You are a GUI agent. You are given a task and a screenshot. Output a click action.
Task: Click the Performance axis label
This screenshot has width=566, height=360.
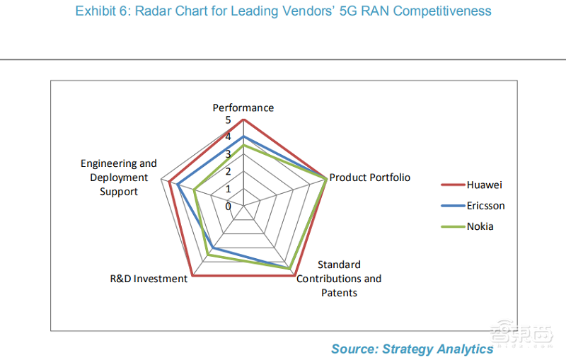tap(243, 108)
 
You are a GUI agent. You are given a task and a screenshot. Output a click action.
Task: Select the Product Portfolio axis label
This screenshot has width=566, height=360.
tap(369, 178)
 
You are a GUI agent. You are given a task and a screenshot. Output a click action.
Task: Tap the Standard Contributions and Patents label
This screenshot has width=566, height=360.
tap(339, 279)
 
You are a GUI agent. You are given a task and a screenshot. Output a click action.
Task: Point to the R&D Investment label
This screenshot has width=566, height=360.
tap(149, 278)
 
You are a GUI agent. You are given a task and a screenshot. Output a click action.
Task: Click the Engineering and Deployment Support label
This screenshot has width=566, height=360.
tap(118, 178)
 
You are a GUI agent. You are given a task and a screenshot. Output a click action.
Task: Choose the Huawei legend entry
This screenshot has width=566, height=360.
tap(484, 185)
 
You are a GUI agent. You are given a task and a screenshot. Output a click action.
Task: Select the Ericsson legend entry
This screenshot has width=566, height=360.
tap(485, 206)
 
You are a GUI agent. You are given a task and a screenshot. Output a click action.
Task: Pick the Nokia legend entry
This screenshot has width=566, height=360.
tap(480, 226)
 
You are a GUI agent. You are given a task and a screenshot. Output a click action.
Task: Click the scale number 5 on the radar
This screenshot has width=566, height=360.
tap(228, 120)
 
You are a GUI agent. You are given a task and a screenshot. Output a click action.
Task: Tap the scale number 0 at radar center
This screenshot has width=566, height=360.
tap(228, 207)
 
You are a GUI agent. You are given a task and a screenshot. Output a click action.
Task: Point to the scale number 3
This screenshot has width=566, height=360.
tap(228, 155)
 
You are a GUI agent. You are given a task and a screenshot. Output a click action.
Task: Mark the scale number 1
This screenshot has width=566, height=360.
tap(228, 190)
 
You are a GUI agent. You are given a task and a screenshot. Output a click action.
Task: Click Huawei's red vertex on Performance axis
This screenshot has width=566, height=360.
tap(243, 120)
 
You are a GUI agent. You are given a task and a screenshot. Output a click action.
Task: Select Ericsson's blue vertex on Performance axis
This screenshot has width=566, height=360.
tap(243, 137)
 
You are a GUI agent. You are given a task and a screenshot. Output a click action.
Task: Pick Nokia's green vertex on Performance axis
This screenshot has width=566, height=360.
tap(243, 146)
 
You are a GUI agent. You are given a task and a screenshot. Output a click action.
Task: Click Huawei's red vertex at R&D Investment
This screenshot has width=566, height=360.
tap(192, 276)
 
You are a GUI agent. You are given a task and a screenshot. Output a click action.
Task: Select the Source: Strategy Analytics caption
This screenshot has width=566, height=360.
tap(412, 349)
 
